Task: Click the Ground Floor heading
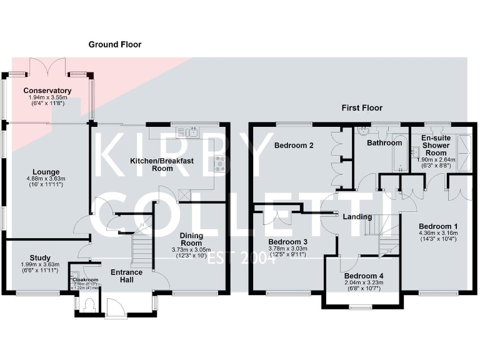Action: tap(115, 44)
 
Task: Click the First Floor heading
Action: tap(362, 108)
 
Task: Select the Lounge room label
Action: tap(47, 172)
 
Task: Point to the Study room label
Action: tap(40, 257)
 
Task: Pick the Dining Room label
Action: tap(191, 239)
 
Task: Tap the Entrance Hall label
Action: tap(127, 276)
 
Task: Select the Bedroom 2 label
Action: tap(293, 146)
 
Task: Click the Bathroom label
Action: tap(384, 143)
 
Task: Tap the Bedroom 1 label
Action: tap(438, 226)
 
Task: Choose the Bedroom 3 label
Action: tap(287, 242)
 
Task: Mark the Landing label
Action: tap(357, 217)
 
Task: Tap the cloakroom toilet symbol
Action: tap(88, 304)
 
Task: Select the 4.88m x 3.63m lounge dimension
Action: tap(47, 179)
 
